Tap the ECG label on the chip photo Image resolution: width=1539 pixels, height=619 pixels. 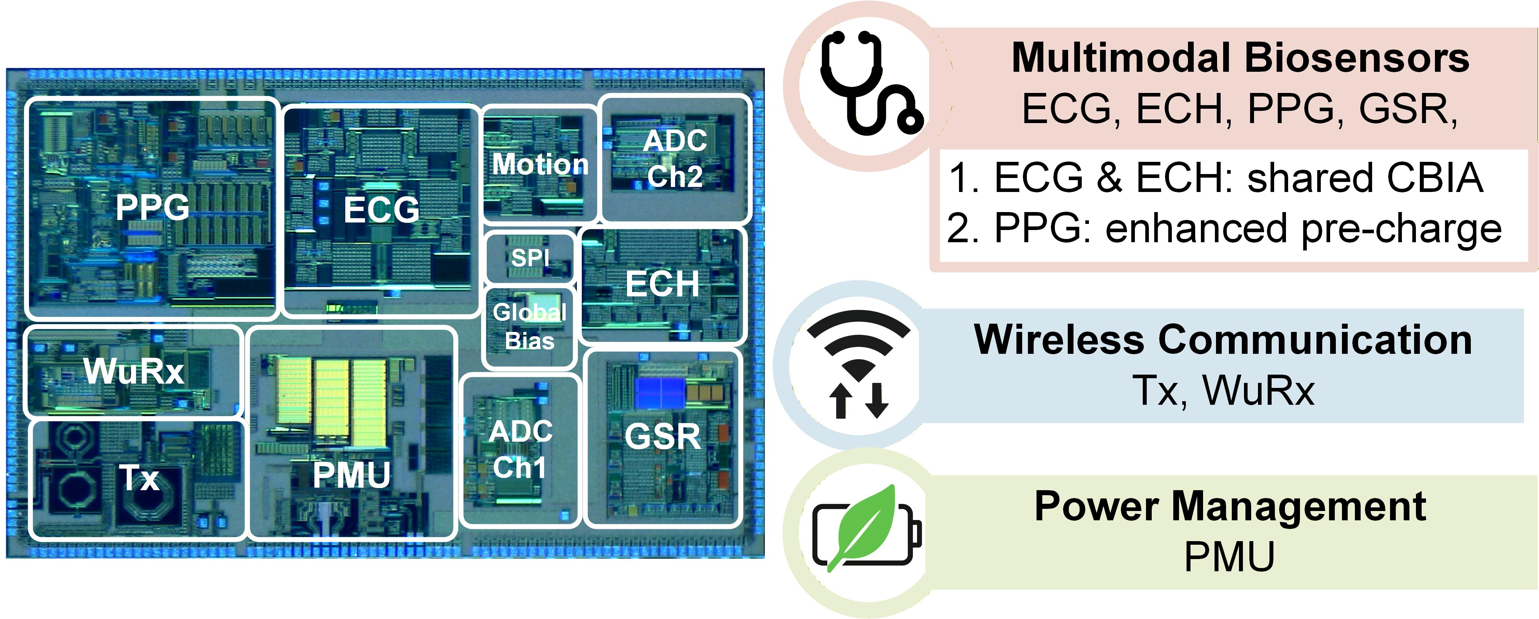coord(381,210)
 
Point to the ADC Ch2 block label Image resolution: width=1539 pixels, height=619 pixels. coord(675,159)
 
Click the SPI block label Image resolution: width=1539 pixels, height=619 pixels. coord(530,258)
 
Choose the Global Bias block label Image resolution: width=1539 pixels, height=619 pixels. coord(529,326)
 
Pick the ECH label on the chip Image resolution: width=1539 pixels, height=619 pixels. coord(662,284)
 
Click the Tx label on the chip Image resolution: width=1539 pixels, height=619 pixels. coord(140,478)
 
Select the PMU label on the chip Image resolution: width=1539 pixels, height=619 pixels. coord(352,475)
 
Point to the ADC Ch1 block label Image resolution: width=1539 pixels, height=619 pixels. coord(520,449)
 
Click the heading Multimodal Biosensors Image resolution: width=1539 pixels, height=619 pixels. coord(1240,58)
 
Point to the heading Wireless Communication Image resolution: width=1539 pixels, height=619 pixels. coord(1223,339)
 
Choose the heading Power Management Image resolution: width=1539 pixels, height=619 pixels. coord(1230,507)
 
